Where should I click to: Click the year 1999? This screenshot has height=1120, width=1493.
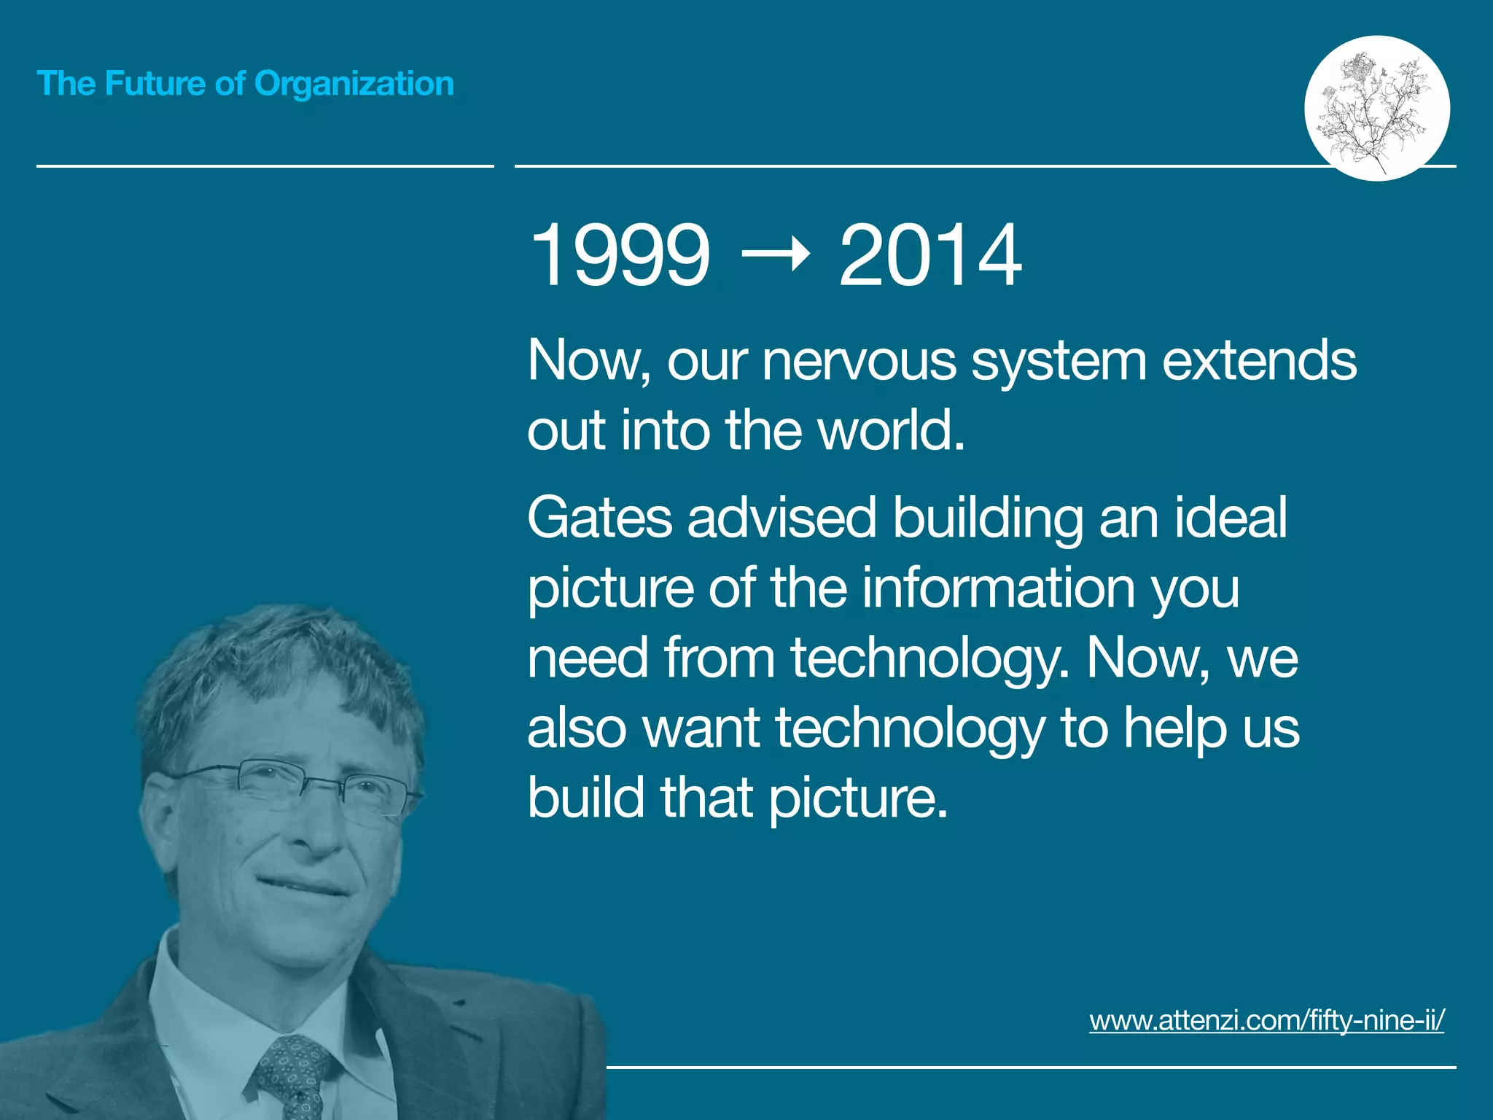pyautogui.click(x=619, y=255)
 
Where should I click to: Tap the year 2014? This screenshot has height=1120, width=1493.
pyautogui.click(x=929, y=255)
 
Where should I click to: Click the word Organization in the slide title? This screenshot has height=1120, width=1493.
pyautogui.click(x=354, y=84)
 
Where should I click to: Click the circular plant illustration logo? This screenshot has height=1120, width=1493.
pyautogui.click(x=1376, y=108)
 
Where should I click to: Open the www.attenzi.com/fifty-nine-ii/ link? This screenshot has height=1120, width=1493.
pyautogui.click(x=1266, y=1019)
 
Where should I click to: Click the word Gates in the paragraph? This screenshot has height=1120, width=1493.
pyautogui.click(x=599, y=518)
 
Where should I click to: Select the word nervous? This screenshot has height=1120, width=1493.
pyautogui.click(x=859, y=361)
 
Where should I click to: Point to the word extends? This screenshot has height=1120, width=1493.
pyautogui.click(x=1259, y=361)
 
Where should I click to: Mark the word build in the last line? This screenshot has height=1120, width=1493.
pyautogui.click(x=585, y=798)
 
